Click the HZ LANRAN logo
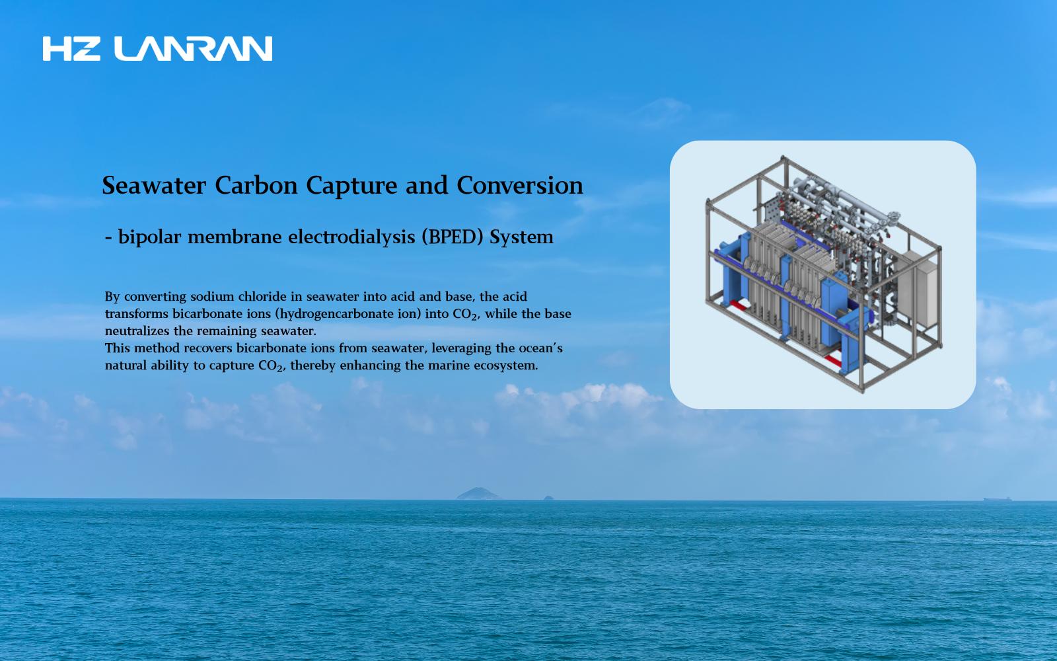(157, 49)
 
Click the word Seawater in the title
(154, 185)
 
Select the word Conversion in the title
(520, 185)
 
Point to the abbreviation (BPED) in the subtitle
(452, 237)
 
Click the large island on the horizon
(478, 493)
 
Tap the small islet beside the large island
(548, 498)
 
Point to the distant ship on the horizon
(997, 498)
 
